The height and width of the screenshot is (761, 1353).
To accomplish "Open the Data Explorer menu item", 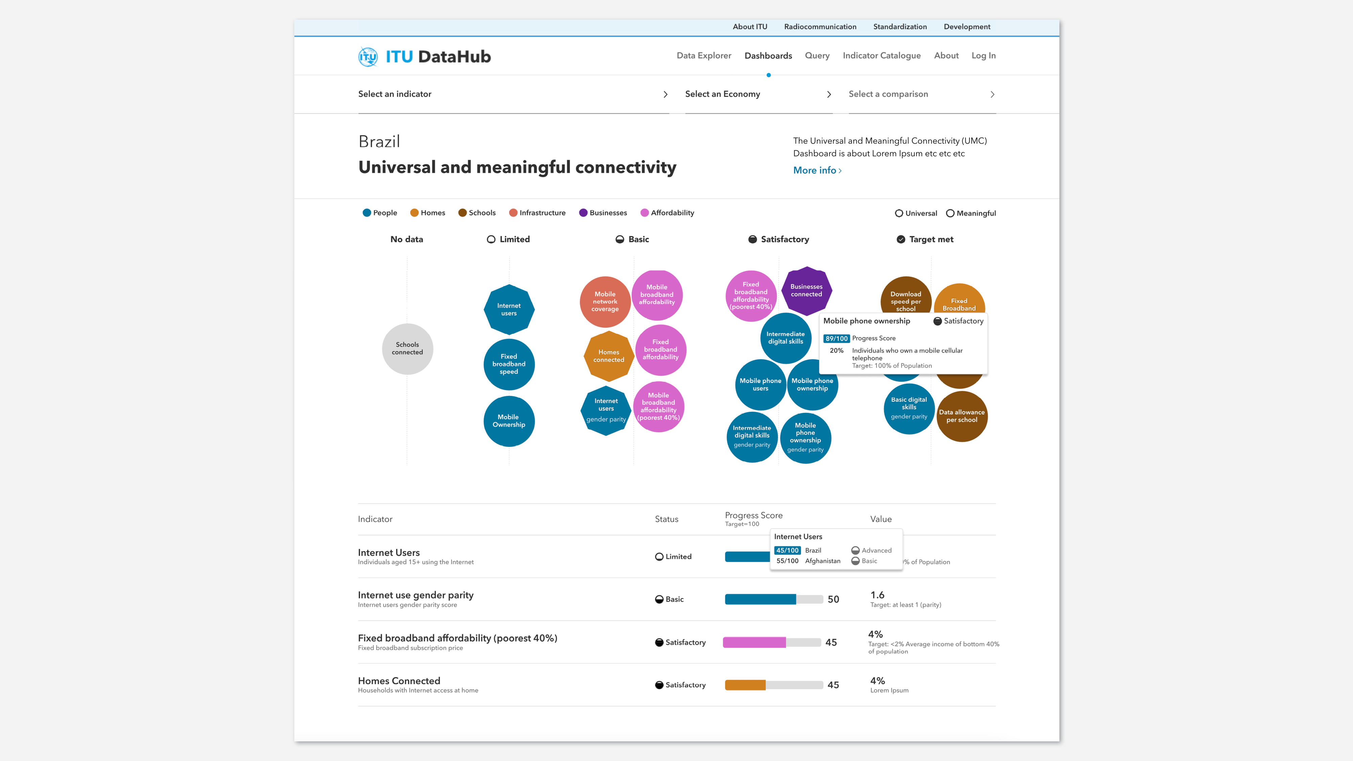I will coord(703,56).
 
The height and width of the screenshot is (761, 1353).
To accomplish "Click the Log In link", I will coord(983,56).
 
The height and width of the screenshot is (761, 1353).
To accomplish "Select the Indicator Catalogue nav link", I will coord(881,56).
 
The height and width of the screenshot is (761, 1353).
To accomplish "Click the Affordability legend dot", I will coord(644,213).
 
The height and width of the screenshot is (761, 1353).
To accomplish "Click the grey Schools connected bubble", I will coord(407,349).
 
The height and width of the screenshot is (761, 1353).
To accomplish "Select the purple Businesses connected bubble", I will coord(806,291).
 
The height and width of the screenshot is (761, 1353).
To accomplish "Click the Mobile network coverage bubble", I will coord(604,301).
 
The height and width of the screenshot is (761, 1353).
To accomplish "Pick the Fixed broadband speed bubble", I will coord(508,364).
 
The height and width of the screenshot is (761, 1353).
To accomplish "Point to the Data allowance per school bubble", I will coord(962,416).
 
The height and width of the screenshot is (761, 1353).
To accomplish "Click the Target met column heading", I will coord(931,239).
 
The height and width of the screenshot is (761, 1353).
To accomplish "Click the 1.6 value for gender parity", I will coord(877,595).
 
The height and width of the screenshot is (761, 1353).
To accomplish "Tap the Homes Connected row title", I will coord(399,681).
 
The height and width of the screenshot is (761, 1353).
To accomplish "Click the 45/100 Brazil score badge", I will coord(787,550).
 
